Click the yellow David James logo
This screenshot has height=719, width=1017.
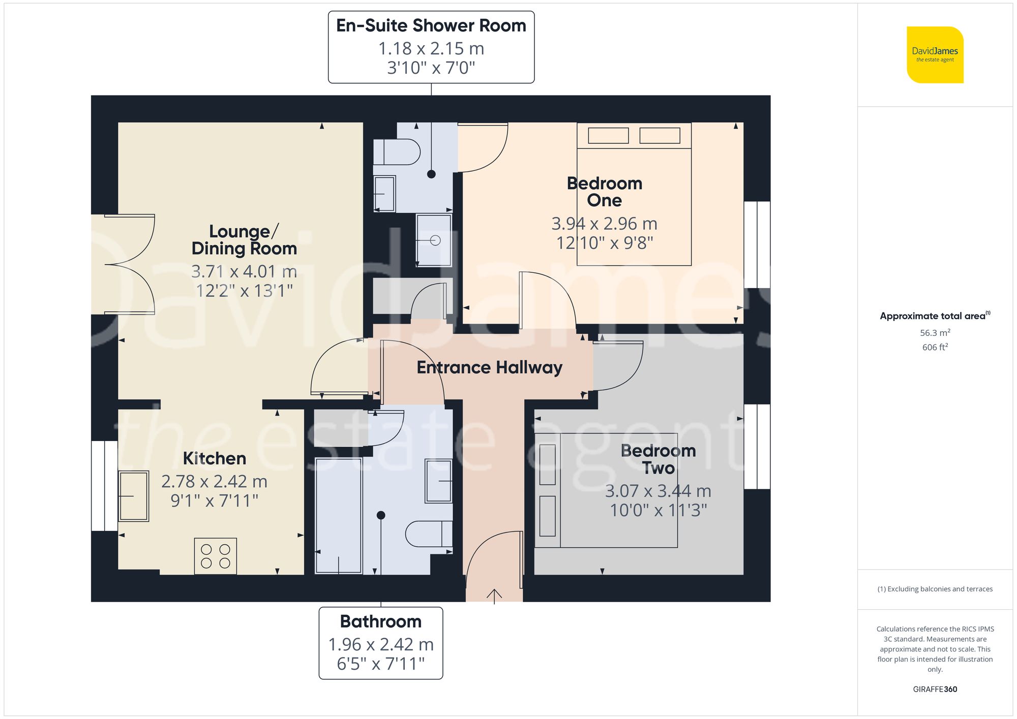click(x=935, y=55)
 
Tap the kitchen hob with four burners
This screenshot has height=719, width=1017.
click(x=216, y=556)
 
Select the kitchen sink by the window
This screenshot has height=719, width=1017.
click(x=134, y=496)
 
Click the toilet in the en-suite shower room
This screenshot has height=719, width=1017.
click(x=397, y=151)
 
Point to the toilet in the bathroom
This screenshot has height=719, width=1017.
click(x=429, y=534)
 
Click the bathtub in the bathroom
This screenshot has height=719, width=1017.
click(x=339, y=515)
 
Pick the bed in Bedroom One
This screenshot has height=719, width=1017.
click(x=634, y=194)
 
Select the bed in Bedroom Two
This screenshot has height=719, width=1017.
click(x=606, y=490)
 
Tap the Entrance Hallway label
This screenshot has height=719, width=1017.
click(x=489, y=367)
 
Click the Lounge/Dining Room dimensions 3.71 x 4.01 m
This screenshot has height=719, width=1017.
click(x=244, y=272)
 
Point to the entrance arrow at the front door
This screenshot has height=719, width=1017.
click(x=494, y=595)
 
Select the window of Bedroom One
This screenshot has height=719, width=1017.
click(x=757, y=245)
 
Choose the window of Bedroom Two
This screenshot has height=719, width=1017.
click(x=757, y=447)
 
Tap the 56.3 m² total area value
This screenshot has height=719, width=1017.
click(x=935, y=333)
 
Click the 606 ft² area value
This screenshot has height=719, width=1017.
click(x=935, y=347)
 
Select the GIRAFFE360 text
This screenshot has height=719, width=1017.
click(x=935, y=689)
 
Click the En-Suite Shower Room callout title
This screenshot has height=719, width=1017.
click(x=431, y=25)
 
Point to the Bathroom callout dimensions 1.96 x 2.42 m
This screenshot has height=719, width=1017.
click(x=381, y=644)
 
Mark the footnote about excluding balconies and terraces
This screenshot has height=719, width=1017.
click(x=935, y=589)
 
